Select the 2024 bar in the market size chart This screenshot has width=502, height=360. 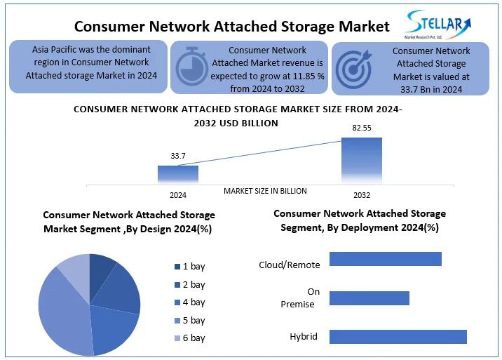[x=177, y=175]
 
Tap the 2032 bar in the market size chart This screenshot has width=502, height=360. [x=361, y=161]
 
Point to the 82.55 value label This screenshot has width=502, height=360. [x=362, y=128]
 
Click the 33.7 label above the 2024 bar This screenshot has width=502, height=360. [x=178, y=156]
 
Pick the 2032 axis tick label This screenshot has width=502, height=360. [x=362, y=195]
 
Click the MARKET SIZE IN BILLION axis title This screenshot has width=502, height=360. [x=265, y=191]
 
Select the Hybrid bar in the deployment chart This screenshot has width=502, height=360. [x=398, y=336]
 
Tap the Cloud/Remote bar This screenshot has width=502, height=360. [x=385, y=259]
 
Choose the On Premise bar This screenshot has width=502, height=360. [x=369, y=298]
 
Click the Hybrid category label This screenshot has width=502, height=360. [x=304, y=337]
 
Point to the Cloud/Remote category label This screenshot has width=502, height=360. [x=290, y=265]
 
